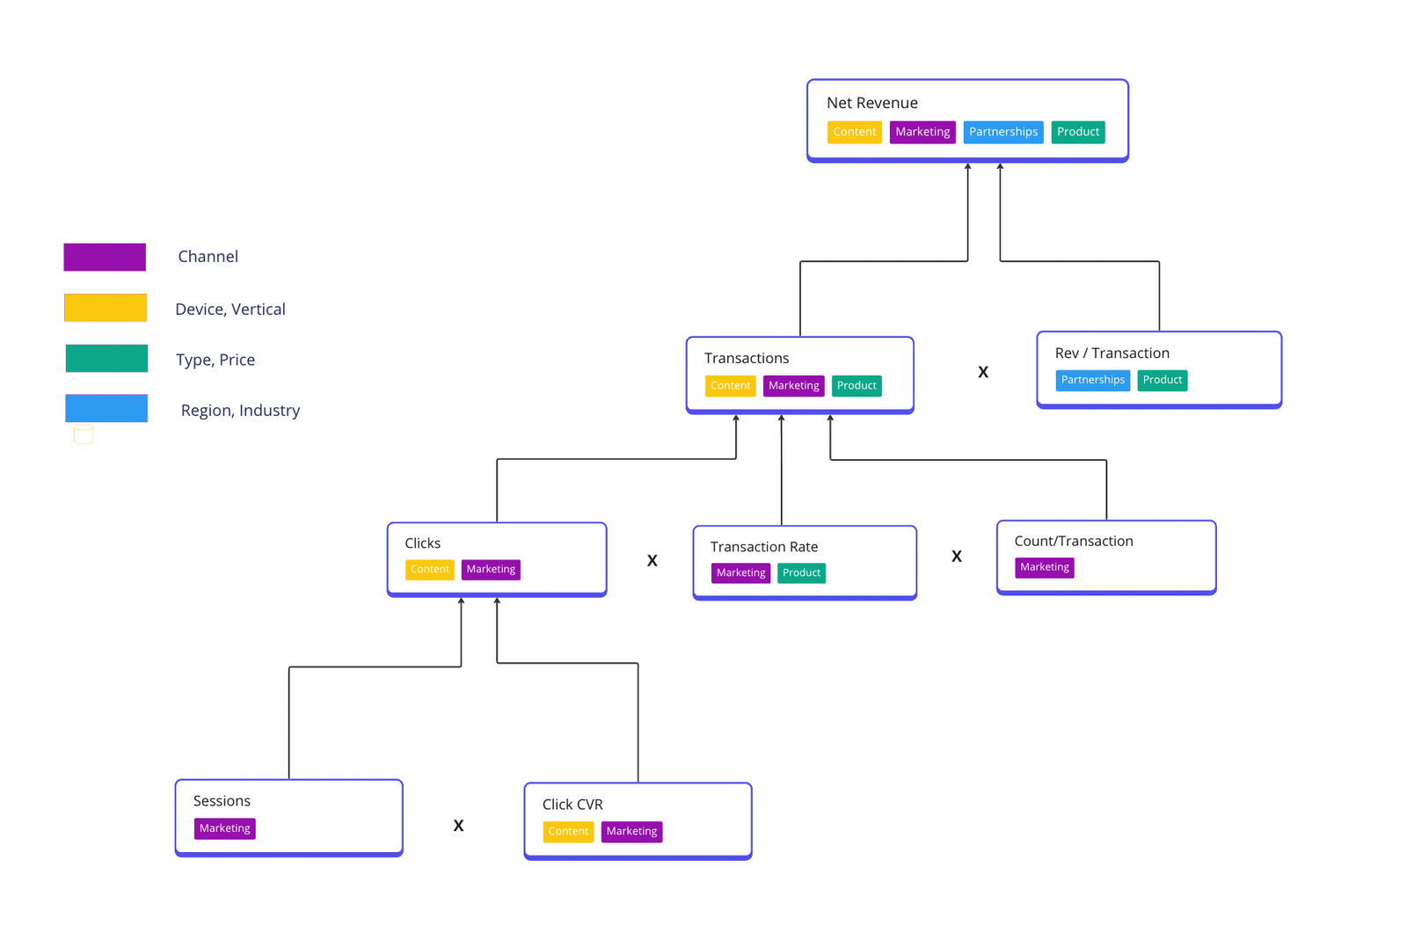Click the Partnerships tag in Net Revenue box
click(x=1002, y=132)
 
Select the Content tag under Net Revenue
click(x=854, y=132)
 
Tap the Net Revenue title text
click(x=871, y=103)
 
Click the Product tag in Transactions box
click(x=857, y=386)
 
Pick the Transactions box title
click(x=746, y=358)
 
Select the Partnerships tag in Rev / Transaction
click(x=1092, y=380)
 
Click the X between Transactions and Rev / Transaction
click(x=983, y=372)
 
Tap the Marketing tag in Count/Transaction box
click(x=1044, y=567)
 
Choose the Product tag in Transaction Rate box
click(x=801, y=573)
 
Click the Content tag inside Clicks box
click(x=429, y=570)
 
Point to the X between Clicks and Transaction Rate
click(x=652, y=560)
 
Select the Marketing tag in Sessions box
click(x=224, y=828)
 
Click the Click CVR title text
click(x=572, y=805)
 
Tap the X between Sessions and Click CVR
click(x=458, y=826)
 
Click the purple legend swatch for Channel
click(x=105, y=257)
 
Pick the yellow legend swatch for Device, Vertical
click(x=106, y=308)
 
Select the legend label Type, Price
click(x=215, y=360)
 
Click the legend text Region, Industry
click(x=240, y=411)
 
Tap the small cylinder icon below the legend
click(x=84, y=434)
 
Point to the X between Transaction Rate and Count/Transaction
click(x=957, y=557)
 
